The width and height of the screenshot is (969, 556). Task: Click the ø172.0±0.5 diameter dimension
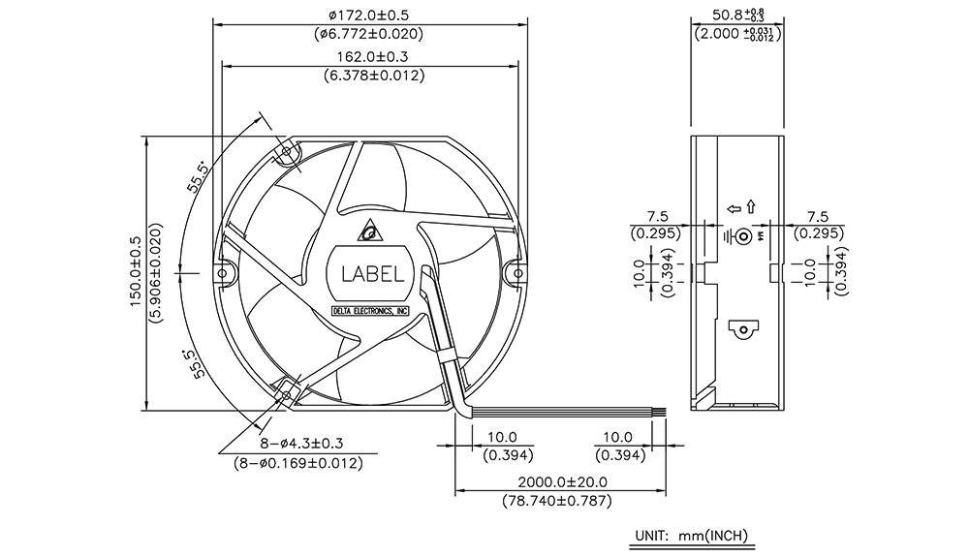[369, 15]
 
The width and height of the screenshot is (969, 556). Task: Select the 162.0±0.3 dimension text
[372, 57]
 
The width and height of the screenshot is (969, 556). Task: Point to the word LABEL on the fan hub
[373, 274]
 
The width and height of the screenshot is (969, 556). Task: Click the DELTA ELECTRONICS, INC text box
[370, 311]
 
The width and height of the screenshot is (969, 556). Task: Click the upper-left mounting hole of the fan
[286, 151]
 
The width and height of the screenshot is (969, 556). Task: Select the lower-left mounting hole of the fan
[287, 393]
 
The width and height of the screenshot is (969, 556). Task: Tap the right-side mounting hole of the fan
[517, 273]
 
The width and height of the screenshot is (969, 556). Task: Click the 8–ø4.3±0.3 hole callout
[301, 443]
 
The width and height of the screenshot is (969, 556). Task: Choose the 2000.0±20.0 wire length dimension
[562, 481]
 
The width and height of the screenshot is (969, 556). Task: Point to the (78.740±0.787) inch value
[557, 501]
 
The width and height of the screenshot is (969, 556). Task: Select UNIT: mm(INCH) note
[692, 535]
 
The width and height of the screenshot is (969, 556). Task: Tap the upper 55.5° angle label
[198, 176]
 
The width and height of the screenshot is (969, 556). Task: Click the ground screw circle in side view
[744, 236]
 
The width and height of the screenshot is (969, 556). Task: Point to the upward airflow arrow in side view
[751, 206]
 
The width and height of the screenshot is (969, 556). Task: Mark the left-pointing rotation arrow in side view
[734, 209]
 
